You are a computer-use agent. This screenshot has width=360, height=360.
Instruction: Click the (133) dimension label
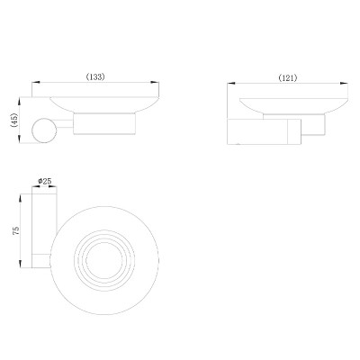95,76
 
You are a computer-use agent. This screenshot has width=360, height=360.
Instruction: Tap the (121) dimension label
288,78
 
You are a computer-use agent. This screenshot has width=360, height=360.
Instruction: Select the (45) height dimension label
14,121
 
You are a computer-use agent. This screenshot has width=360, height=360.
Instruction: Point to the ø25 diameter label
45,181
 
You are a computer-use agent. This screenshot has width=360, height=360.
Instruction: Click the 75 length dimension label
16,230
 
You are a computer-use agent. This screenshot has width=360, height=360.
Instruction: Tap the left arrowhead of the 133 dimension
36,82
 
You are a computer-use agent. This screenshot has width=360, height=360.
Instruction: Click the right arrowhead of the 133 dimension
155,82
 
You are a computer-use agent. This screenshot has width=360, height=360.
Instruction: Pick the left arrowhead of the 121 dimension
231,84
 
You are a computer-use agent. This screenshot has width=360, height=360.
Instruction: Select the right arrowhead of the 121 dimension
344,84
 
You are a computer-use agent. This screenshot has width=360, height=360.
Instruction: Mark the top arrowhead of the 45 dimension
20,101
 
